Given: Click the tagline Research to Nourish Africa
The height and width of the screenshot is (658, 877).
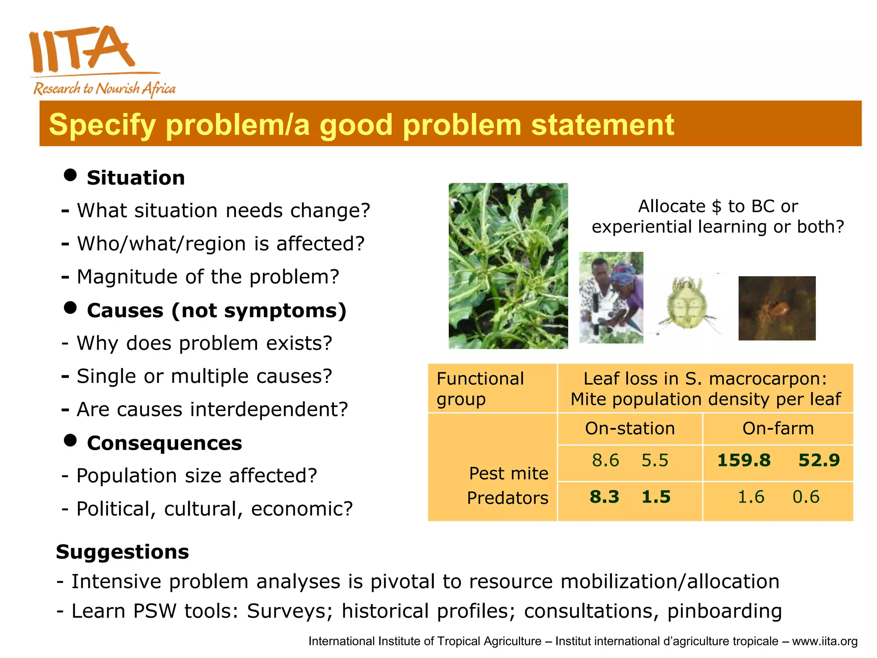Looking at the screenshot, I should click(104, 89).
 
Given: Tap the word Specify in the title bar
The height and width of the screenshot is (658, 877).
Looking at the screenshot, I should click(102, 125).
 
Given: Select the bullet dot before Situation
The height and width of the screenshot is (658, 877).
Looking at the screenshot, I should click(70, 175).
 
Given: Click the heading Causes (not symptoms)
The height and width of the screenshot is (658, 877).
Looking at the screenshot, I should click(216, 310).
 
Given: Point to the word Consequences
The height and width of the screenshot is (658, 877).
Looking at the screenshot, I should click(164, 443).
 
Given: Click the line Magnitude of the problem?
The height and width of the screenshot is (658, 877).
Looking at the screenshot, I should click(208, 277).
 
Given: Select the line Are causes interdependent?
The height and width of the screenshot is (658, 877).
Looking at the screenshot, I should click(212, 410).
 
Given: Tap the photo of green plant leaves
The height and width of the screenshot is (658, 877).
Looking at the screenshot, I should click(508, 266).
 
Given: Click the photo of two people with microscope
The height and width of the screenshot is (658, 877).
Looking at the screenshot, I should click(611, 297).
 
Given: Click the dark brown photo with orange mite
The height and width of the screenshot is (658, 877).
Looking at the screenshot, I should click(777, 308).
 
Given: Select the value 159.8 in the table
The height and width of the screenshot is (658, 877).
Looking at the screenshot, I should click(744, 461).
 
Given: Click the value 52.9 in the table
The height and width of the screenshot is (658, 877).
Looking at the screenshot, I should click(819, 461).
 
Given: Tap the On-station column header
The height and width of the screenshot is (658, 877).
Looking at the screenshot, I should click(629, 428).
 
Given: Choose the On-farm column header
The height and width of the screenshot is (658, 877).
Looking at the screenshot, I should click(778, 428).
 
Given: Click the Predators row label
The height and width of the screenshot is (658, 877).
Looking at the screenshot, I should click(507, 498).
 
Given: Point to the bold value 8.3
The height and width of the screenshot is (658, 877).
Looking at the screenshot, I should click(604, 497).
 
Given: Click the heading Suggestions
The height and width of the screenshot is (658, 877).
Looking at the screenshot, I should click(122, 552).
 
